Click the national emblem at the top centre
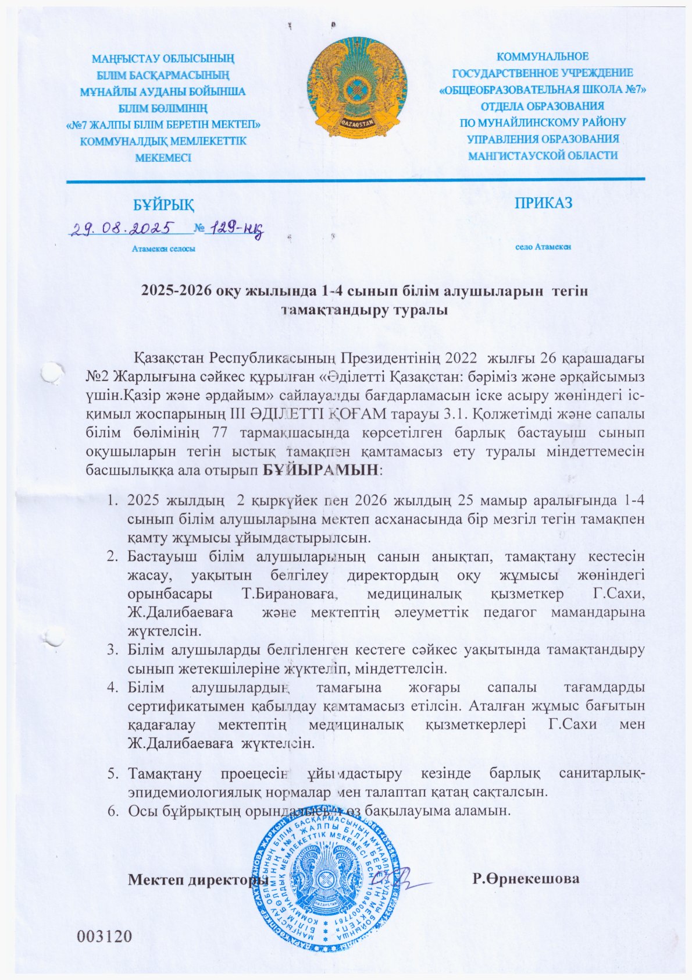(x=355, y=93)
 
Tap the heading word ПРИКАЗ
(x=543, y=203)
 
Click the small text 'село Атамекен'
(x=543, y=246)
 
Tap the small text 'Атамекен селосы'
(x=163, y=248)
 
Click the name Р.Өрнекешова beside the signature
(x=526, y=879)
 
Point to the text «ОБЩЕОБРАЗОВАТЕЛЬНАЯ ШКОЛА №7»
(x=543, y=90)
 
